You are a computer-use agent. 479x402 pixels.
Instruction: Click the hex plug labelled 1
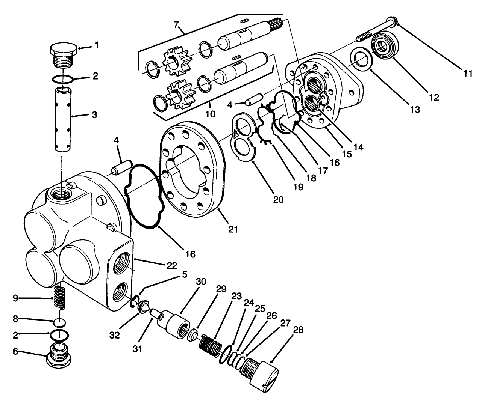pos(63,54)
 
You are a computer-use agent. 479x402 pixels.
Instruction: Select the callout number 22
pos(171,265)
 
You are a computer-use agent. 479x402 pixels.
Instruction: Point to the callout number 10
pos(210,113)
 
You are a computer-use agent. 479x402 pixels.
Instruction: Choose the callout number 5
pos(184,274)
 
